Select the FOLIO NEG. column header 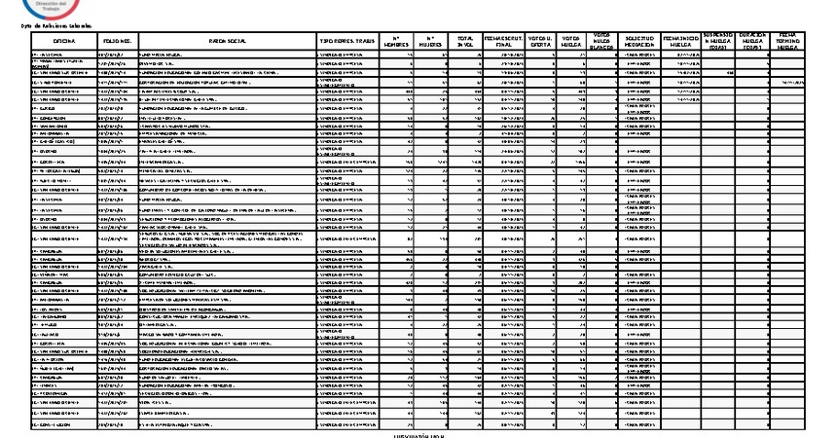coord(118,41)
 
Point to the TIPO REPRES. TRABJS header coord(346,41)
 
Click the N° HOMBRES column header coord(394,41)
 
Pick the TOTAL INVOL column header coord(465,41)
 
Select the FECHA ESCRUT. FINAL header coord(506,41)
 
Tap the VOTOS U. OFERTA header coord(543,41)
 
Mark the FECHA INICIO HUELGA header coord(681,41)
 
